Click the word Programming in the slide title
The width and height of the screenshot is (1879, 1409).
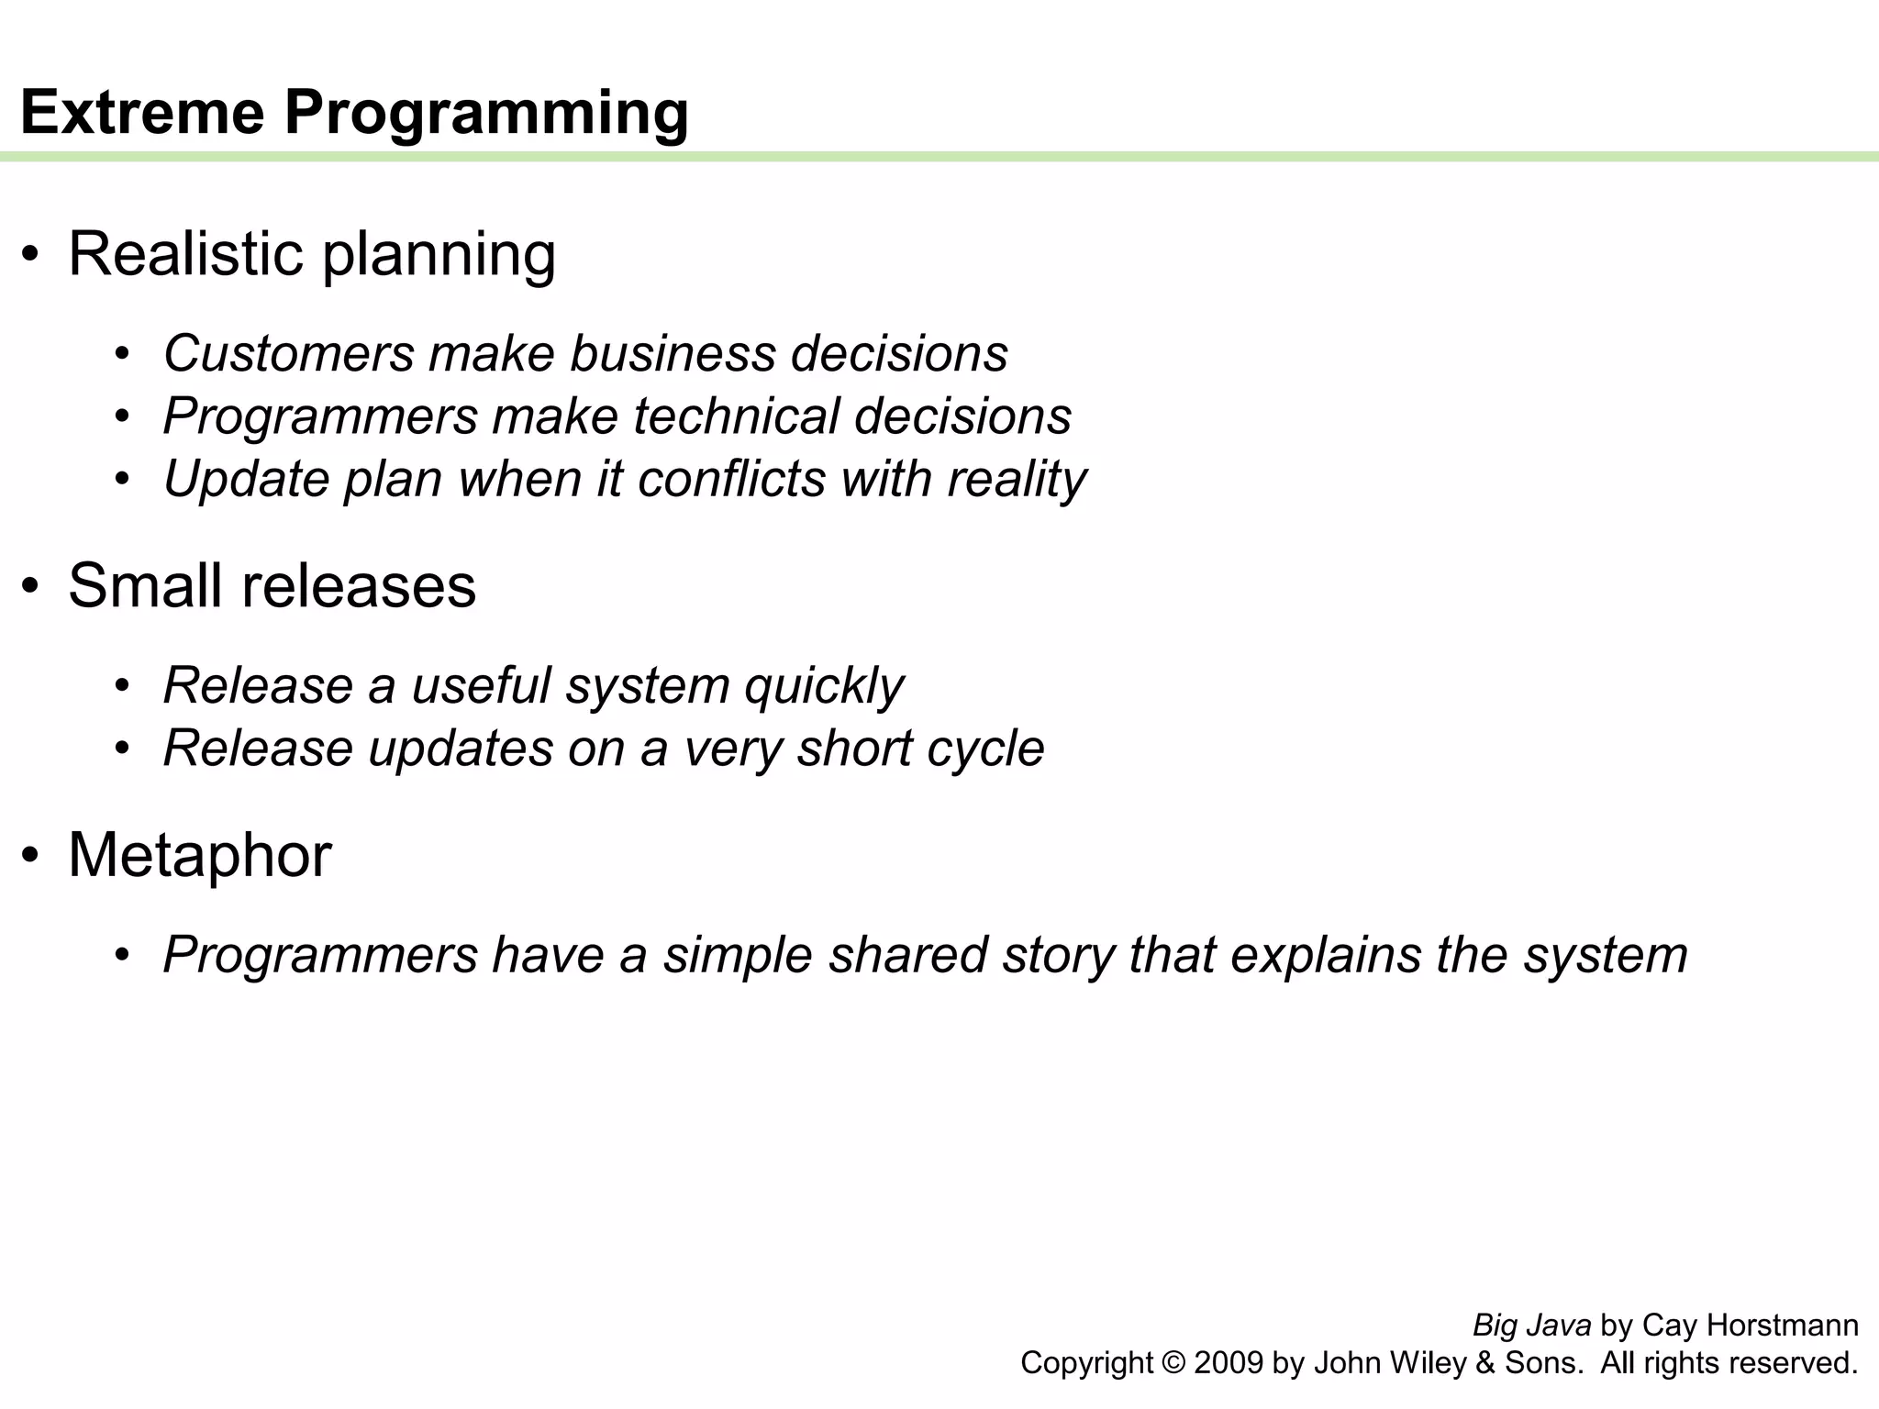point(486,114)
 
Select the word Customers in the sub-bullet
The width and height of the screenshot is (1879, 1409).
point(289,353)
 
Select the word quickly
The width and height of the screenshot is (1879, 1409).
point(823,685)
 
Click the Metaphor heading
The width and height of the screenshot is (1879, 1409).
point(199,855)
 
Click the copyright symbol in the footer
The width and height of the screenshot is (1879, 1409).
point(1173,1363)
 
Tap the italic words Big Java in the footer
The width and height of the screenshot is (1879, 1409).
point(1531,1326)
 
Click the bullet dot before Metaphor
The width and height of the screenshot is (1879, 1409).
point(31,855)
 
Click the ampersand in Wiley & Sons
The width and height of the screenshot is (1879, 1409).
point(1485,1363)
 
